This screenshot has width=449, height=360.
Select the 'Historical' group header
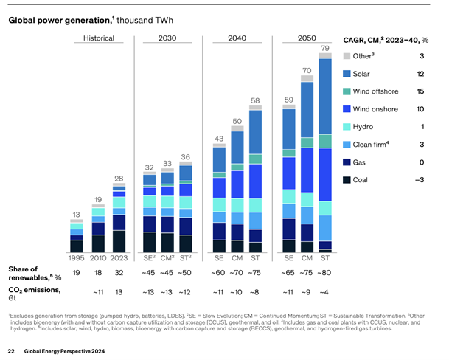[x=98, y=37]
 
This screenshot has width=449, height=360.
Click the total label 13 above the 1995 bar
[x=76, y=215]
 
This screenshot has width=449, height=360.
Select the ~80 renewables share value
[x=325, y=272]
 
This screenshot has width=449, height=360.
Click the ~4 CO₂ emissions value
[x=325, y=291]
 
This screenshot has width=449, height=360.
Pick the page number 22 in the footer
[x=11, y=348]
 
